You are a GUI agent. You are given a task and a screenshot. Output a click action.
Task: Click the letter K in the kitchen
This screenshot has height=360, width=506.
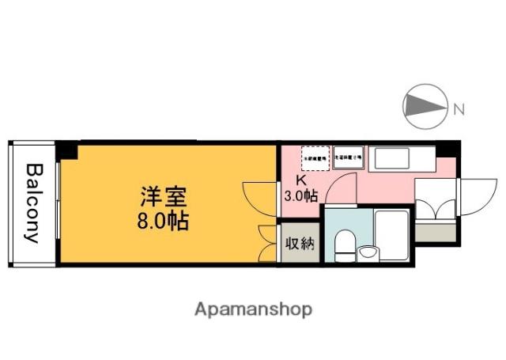(300, 180)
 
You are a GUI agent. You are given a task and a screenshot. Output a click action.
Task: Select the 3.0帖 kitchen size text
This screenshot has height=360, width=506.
(300, 195)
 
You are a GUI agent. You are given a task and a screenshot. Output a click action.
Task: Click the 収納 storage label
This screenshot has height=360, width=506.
(299, 244)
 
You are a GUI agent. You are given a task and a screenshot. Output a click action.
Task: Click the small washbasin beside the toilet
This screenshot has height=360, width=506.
(368, 252)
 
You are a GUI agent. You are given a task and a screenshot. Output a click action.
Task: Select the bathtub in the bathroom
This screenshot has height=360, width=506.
(391, 235)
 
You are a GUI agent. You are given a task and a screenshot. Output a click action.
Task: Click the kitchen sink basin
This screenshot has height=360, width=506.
(403, 160)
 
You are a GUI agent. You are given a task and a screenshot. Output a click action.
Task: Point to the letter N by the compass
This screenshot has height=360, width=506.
(458, 108)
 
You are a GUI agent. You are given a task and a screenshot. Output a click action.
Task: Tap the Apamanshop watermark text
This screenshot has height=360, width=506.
(253, 309)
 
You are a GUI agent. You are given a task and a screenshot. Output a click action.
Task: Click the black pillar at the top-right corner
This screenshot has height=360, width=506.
(447, 149)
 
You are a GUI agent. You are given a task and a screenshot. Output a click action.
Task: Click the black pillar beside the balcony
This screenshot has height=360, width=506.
(66, 150)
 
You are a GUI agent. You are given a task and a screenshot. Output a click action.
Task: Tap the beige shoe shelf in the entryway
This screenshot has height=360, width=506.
(435, 233)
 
